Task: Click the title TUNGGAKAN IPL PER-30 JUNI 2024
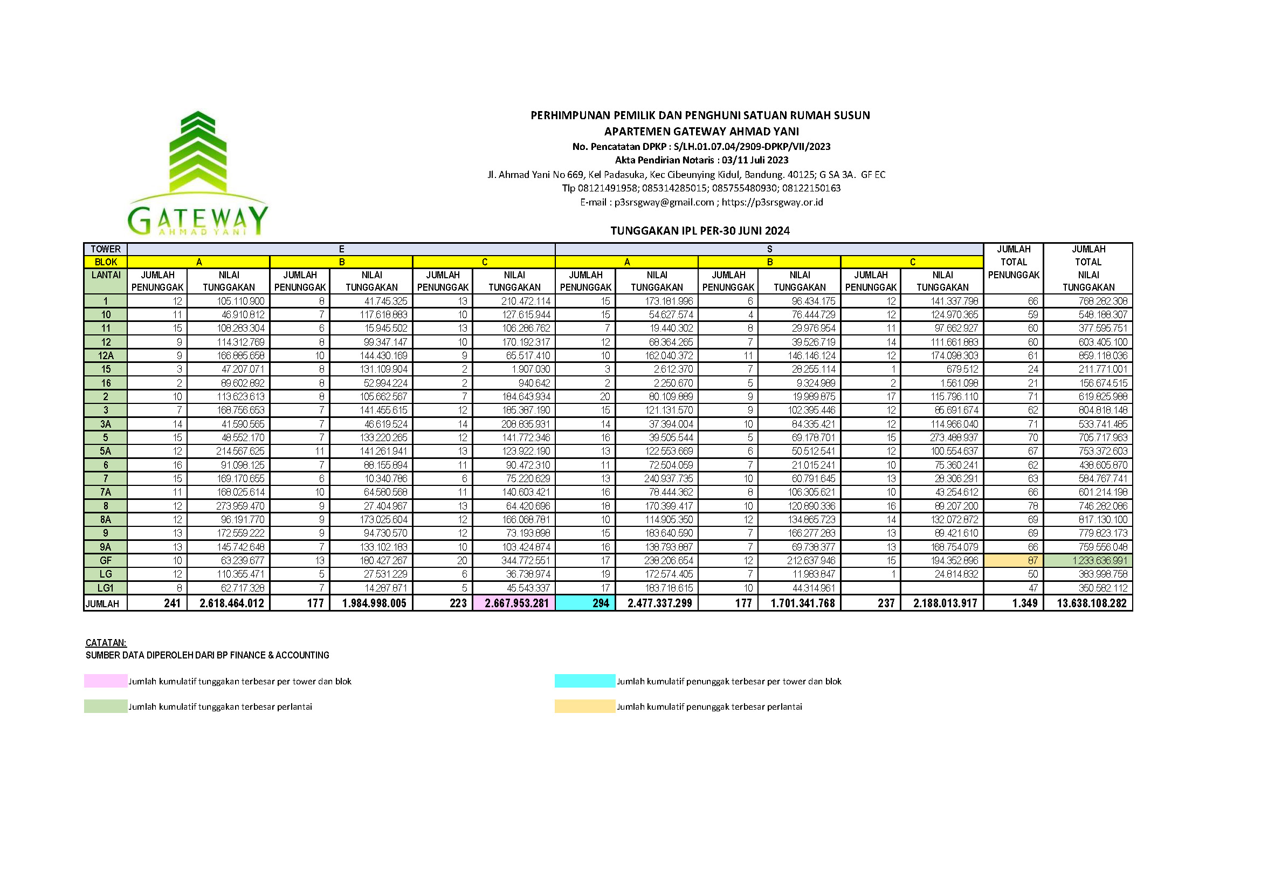point(700,231)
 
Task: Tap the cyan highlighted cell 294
point(585,603)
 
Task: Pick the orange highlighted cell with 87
point(1014,561)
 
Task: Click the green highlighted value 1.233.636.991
point(1088,561)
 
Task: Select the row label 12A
point(106,355)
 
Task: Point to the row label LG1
point(106,588)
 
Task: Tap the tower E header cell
point(341,249)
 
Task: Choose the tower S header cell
point(769,249)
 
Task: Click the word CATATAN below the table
point(106,643)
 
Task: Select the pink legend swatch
point(106,681)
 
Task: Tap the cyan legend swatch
point(584,681)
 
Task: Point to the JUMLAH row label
point(103,603)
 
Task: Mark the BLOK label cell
point(106,262)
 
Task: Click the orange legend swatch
point(584,706)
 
